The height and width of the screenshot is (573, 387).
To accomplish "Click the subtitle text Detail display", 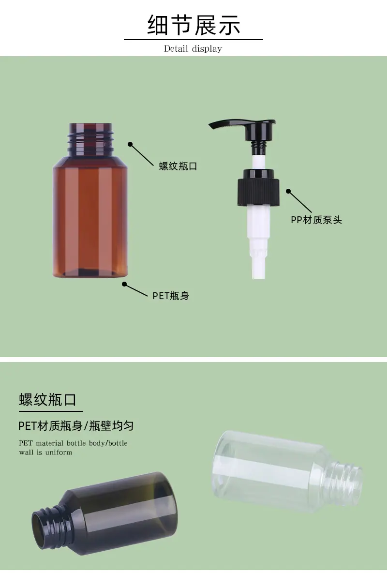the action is [193, 48].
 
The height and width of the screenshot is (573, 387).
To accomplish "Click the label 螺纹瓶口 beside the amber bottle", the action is [178, 166].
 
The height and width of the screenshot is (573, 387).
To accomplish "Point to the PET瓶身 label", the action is [171, 296].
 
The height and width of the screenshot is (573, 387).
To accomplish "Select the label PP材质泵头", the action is [316, 220].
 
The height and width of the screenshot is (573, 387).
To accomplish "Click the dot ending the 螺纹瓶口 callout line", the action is [130, 144].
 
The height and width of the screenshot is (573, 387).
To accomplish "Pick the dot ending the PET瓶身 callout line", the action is [124, 284].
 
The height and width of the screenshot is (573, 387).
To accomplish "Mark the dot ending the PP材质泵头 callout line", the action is [288, 191].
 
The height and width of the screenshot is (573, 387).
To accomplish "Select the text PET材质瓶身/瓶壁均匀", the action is [76, 426].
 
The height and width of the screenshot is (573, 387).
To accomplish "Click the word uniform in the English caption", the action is [59, 452].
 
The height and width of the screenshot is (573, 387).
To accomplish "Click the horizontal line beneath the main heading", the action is [193, 40].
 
